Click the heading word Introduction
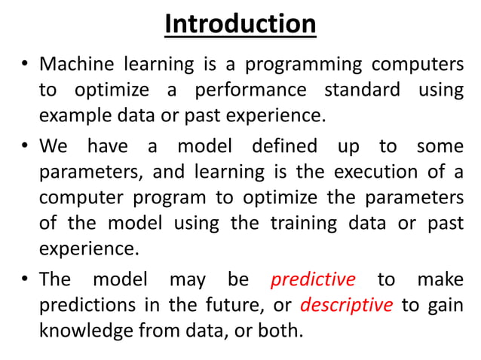[x=240, y=24]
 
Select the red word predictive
[x=312, y=279]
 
